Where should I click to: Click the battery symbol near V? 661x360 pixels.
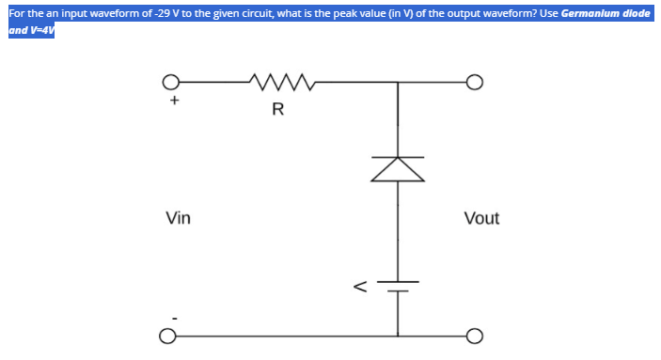[x=397, y=286]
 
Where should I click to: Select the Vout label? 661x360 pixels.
[x=481, y=219]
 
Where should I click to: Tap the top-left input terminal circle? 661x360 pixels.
[x=169, y=84]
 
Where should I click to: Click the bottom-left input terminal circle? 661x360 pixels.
[x=169, y=335]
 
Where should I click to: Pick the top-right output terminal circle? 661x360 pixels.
[x=474, y=84]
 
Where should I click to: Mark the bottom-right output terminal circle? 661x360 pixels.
[x=474, y=335]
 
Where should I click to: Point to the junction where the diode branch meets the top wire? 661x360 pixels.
[x=397, y=84]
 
